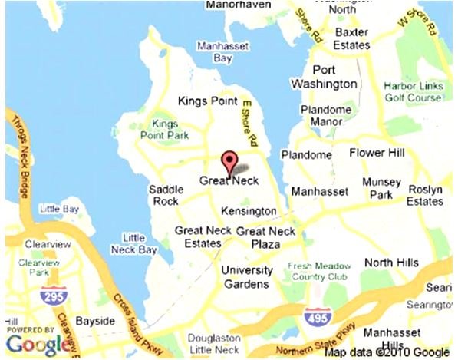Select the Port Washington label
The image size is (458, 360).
click(325, 75)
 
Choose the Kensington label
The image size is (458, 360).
click(248, 211)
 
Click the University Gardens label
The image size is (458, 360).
click(246, 278)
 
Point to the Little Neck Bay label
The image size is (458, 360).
click(134, 243)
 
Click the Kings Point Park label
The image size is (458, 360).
click(164, 129)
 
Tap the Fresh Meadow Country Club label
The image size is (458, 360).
click(313, 272)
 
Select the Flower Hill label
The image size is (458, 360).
click(376, 153)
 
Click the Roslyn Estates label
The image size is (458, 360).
click(424, 195)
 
